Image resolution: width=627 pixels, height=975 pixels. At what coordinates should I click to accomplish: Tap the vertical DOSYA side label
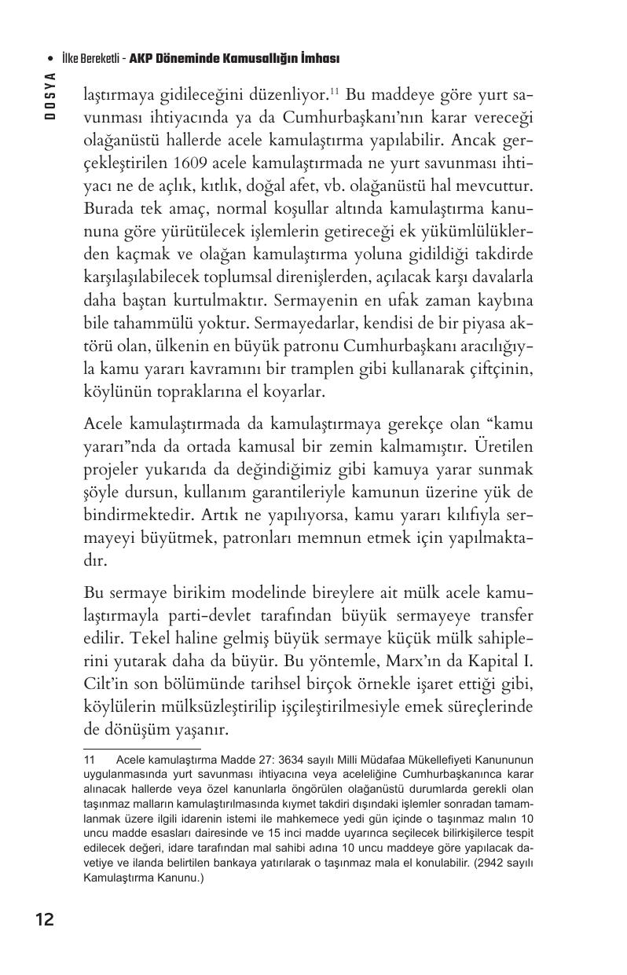49,94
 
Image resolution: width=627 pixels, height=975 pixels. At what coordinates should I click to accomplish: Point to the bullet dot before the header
49,59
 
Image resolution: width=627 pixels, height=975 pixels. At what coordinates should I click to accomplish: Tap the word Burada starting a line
108,210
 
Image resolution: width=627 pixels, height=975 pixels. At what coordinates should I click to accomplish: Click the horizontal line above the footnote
142,750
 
